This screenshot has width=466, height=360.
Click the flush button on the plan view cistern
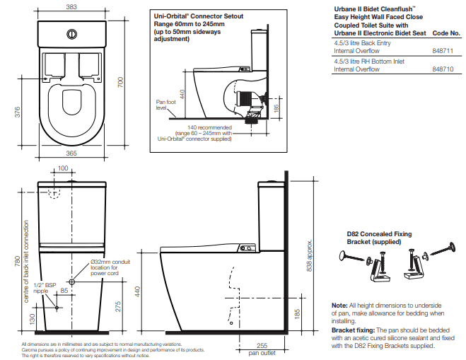point(71,33)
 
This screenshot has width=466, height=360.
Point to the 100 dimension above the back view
point(63,168)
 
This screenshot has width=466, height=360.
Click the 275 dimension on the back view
point(119,306)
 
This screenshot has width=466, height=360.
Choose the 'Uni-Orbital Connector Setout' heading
point(194,14)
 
